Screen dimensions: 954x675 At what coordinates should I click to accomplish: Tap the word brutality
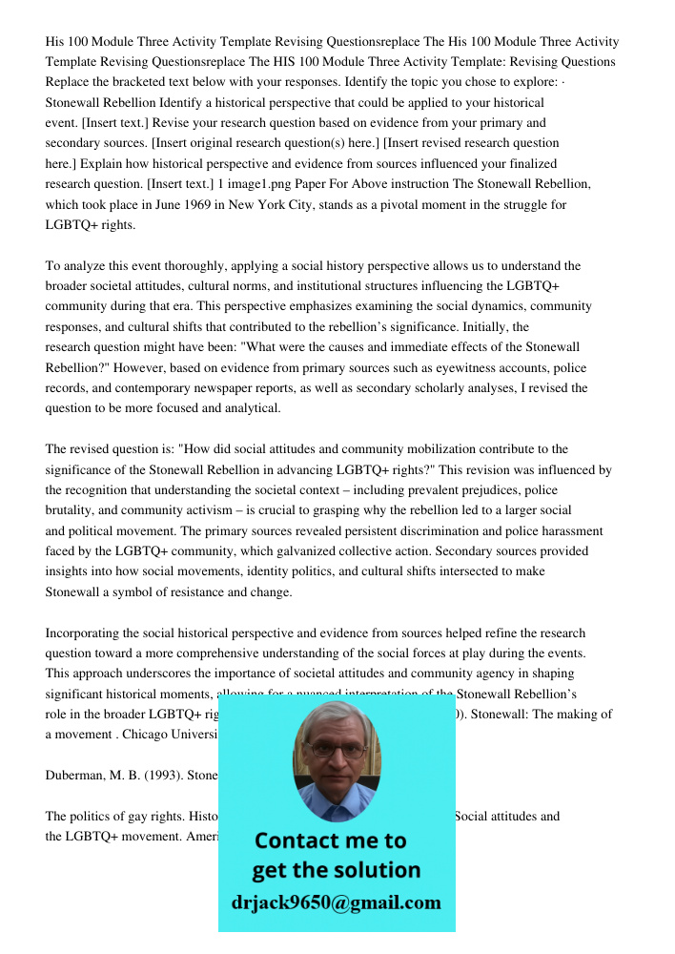click(70, 510)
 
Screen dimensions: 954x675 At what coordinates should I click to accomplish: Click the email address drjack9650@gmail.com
click(336, 902)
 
